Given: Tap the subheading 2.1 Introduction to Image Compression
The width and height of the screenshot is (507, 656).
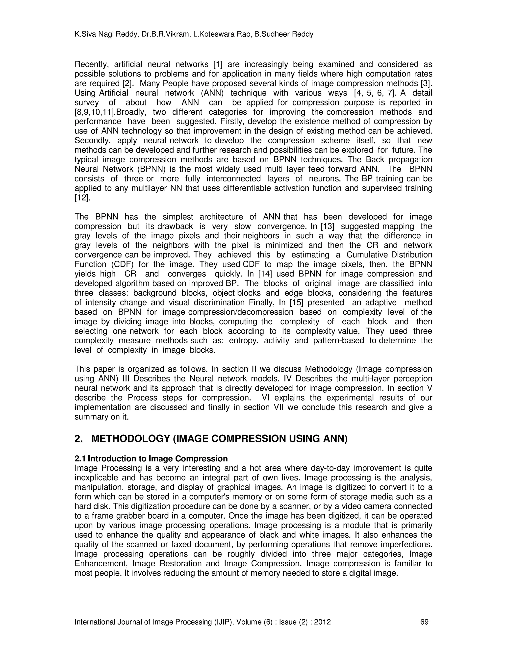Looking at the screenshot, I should pyautogui.click(x=151, y=459).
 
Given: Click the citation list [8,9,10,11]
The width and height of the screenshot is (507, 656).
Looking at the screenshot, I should pyautogui.click(x=95, y=112).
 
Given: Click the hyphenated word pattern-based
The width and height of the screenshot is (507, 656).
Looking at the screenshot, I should pyautogui.click(x=338, y=341).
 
